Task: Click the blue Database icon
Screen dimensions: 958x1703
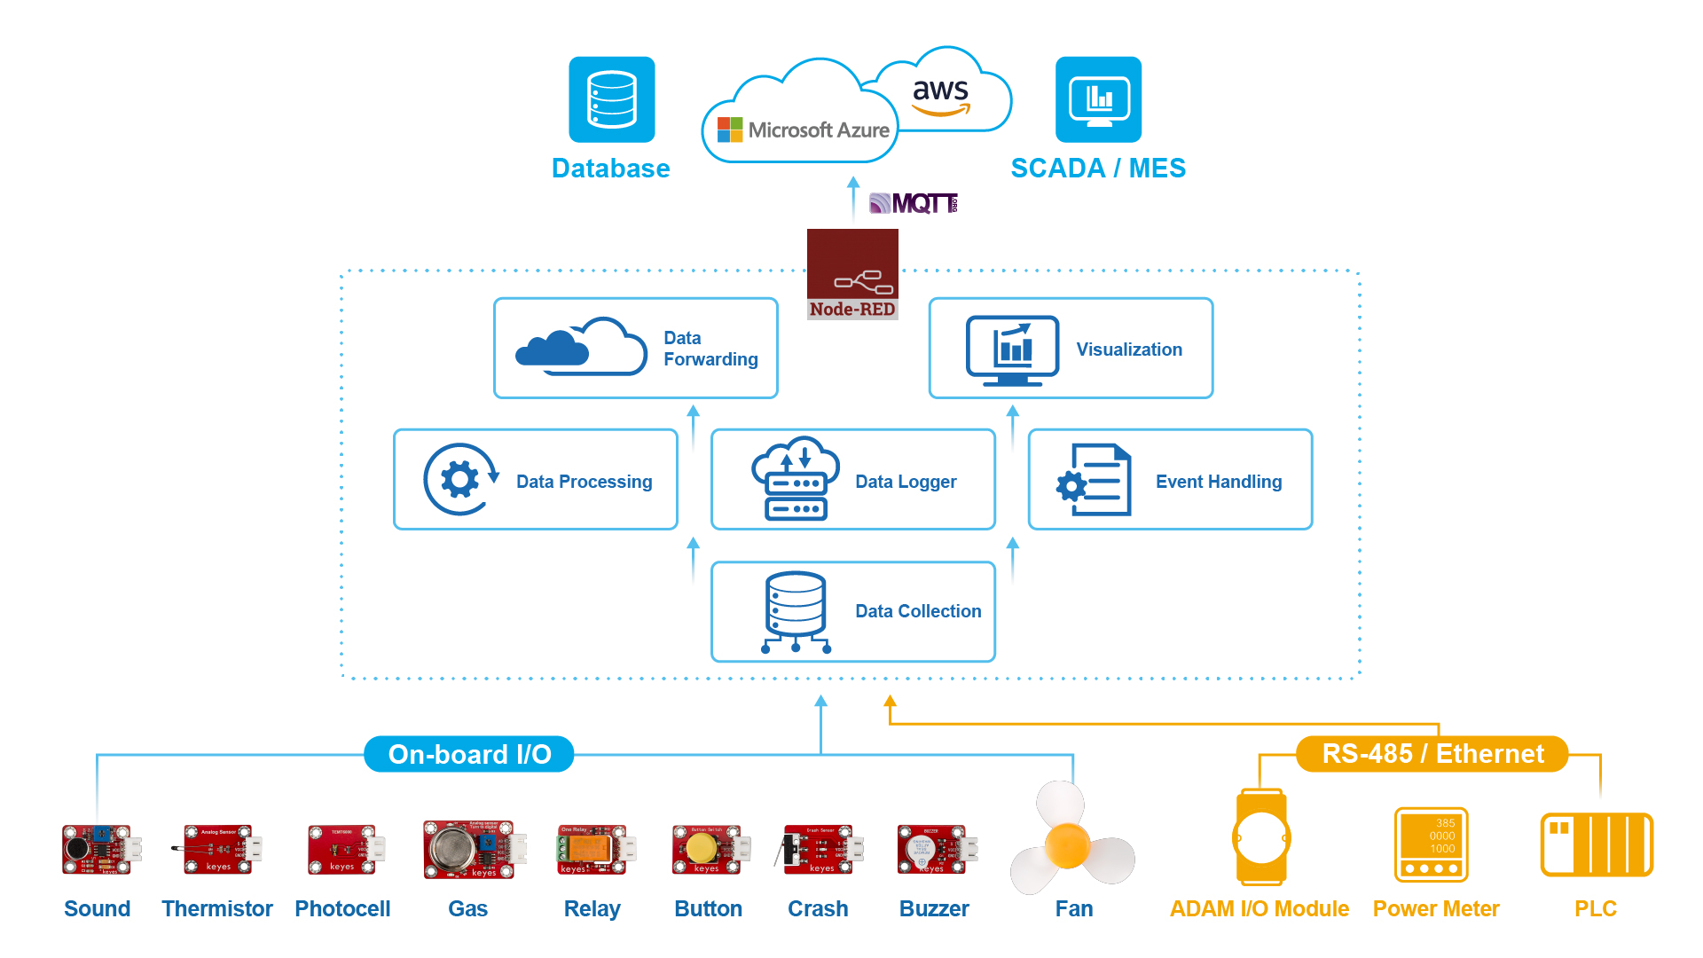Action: coord(611,99)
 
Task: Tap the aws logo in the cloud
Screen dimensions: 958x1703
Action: coord(940,95)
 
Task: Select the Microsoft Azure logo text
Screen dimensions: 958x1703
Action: coord(817,130)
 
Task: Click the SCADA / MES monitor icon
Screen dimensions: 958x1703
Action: coord(1098,99)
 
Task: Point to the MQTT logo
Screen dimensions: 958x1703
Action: coord(914,203)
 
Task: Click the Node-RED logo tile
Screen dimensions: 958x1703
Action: coord(852,273)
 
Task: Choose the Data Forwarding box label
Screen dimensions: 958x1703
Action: coord(710,349)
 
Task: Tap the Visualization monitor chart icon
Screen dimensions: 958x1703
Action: coord(1012,349)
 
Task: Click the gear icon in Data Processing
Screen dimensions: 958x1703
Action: coord(459,480)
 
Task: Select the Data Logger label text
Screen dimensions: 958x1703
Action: coord(905,482)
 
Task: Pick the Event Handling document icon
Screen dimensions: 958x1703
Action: coord(1095,480)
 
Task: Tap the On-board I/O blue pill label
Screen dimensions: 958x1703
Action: coord(469,754)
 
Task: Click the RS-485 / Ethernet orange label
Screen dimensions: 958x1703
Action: coord(1432,754)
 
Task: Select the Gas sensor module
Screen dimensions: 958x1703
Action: coord(469,850)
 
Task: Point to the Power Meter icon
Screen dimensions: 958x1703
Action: coord(1431,844)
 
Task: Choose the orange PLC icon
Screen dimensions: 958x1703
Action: coord(1596,844)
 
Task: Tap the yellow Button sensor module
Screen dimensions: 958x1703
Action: coord(707,850)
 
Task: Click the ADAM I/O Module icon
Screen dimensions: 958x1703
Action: coord(1260,837)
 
